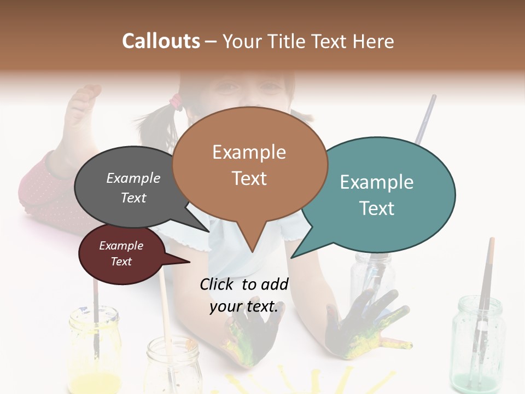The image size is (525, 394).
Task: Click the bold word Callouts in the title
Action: pyautogui.click(x=161, y=41)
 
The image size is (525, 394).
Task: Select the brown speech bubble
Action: pyautogui.click(x=249, y=164)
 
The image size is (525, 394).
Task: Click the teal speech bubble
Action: pyautogui.click(x=383, y=194)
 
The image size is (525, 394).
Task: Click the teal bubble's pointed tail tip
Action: pyautogui.click(x=292, y=257)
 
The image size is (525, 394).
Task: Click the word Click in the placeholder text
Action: pyautogui.click(x=219, y=284)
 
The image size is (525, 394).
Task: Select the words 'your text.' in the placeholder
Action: pyautogui.click(x=244, y=306)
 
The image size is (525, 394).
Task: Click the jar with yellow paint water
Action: pyautogui.click(x=94, y=350)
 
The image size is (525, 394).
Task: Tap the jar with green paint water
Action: pyautogui.click(x=477, y=342)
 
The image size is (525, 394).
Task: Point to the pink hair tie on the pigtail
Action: pyautogui.click(x=176, y=101)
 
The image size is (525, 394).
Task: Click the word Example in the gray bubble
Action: pyautogui.click(x=133, y=178)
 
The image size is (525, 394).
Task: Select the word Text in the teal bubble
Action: pyautogui.click(x=377, y=208)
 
